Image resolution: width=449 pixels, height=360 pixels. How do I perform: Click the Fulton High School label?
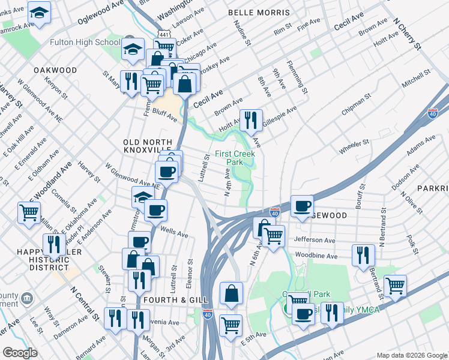click(x=85, y=43)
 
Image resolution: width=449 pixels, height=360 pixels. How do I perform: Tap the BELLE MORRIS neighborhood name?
click(x=259, y=13)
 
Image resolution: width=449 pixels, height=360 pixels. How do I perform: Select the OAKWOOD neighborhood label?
click(x=55, y=70)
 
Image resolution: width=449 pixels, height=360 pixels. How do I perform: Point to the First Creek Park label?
click(x=235, y=158)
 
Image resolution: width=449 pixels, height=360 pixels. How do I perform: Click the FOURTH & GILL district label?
click(x=175, y=299)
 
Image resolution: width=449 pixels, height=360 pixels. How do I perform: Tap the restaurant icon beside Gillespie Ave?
click(x=251, y=120)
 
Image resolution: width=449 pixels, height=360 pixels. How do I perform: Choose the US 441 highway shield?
click(x=163, y=34)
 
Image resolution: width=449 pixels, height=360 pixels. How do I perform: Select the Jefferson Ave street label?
click(x=315, y=239)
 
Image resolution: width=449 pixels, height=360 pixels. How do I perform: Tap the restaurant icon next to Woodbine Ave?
click(x=363, y=254)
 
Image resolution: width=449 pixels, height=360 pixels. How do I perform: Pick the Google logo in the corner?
click(x=20, y=352)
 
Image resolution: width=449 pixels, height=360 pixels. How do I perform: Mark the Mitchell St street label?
click(x=417, y=79)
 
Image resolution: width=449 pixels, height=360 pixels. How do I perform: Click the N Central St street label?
click(x=85, y=302)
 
